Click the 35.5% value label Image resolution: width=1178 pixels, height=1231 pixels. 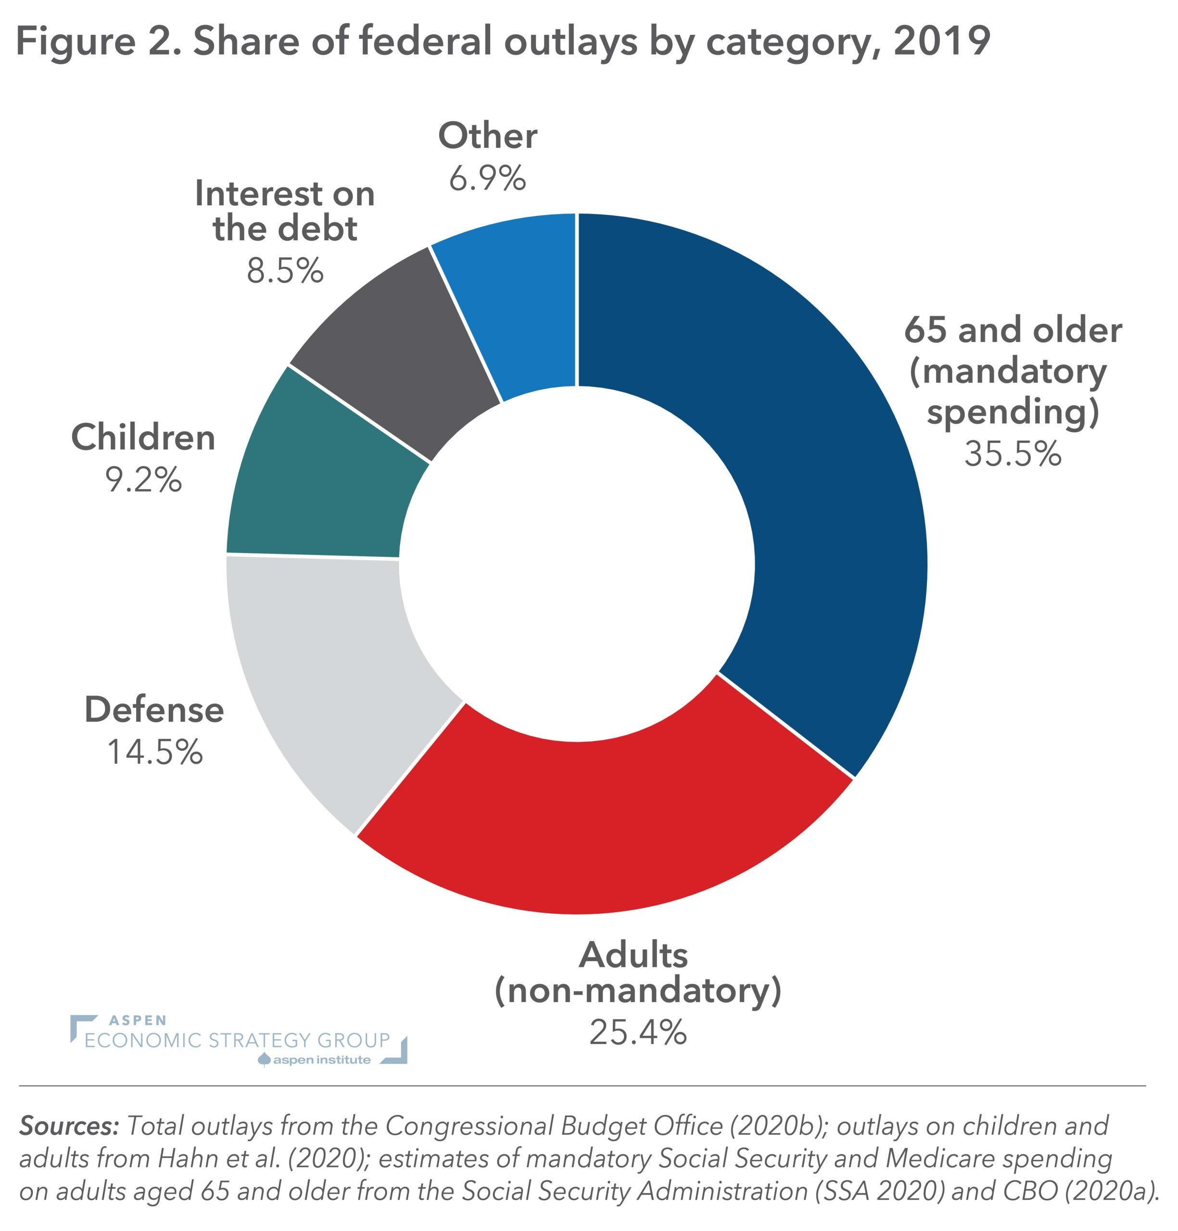tap(1012, 453)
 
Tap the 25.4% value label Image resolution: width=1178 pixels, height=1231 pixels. tap(637, 1032)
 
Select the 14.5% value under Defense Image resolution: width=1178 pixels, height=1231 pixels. tap(154, 752)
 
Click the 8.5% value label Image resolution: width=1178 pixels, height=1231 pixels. tap(284, 271)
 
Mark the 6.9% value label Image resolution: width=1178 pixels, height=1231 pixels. tap(487, 178)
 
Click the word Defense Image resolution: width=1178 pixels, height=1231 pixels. tap(154, 710)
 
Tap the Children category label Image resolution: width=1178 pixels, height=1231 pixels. tap(143, 437)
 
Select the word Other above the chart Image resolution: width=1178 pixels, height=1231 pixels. tap(487, 136)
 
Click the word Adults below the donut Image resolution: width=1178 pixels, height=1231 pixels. tap(633, 956)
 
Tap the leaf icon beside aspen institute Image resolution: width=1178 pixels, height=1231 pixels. tap(265, 1060)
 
